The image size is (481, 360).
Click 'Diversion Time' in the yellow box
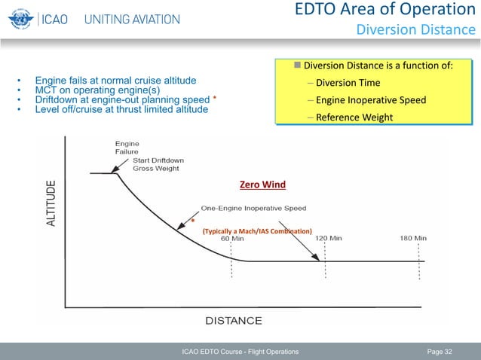point(348,83)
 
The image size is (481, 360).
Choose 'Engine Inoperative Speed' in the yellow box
point(371,100)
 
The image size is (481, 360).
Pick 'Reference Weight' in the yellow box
point(354,117)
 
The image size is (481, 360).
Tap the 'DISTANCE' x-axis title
point(234,321)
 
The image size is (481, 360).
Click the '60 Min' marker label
point(232,238)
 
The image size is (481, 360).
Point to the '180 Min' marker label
point(412,238)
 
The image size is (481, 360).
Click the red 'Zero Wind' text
point(261,183)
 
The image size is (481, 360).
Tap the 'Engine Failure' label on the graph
point(126,147)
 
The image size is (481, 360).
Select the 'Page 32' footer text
point(440,352)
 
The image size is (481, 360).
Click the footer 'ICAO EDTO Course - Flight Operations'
point(235,352)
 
